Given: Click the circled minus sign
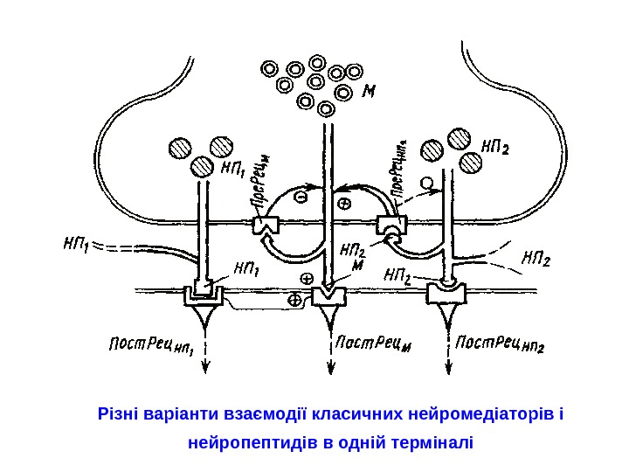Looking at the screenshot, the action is (301, 198).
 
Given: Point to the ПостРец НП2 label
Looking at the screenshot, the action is (501, 344).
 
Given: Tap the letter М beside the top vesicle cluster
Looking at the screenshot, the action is (369, 90).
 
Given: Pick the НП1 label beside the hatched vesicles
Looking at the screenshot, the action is (233, 163).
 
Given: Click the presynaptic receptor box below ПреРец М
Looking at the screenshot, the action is (265, 226).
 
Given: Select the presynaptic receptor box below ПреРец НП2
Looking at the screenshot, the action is (389, 226).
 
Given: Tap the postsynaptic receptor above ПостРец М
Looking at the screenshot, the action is (328, 295).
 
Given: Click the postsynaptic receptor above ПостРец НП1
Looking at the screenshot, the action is (204, 295).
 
